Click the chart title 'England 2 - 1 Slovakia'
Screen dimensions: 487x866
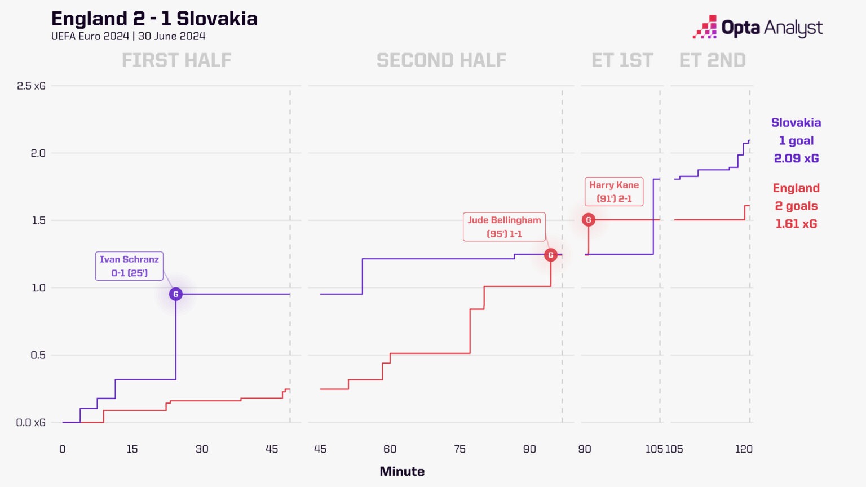(x=154, y=19)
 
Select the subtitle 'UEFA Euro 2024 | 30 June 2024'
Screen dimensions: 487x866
(x=128, y=36)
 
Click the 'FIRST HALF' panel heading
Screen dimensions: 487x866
(x=176, y=60)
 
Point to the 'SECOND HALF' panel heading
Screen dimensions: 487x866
(x=441, y=60)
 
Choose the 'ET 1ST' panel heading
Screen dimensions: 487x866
(x=622, y=60)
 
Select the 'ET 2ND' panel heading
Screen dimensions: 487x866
(x=712, y=60)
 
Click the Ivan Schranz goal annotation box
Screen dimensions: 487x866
(x=129, y=266)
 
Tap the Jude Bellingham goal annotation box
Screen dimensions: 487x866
(x=504, y=227)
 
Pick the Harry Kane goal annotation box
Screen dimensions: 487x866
(x=614, y=192)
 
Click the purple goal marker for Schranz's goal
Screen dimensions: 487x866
(x=176, y=294)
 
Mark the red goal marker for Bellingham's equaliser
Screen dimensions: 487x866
(x=551, y=255)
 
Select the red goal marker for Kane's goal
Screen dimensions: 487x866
(x=589, y=220)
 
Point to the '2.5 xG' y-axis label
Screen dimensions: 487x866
(x=31, y=86)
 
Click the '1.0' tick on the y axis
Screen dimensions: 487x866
(x=38, y=287)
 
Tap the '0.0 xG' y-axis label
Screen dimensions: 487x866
(x=31, y=423)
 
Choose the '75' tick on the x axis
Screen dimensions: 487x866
(x=459, y=449)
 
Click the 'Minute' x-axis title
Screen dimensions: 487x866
(x=402, y=471)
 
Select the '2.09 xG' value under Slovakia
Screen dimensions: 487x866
(x=796, y=158)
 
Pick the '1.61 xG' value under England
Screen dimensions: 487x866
(x=796, y=224)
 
